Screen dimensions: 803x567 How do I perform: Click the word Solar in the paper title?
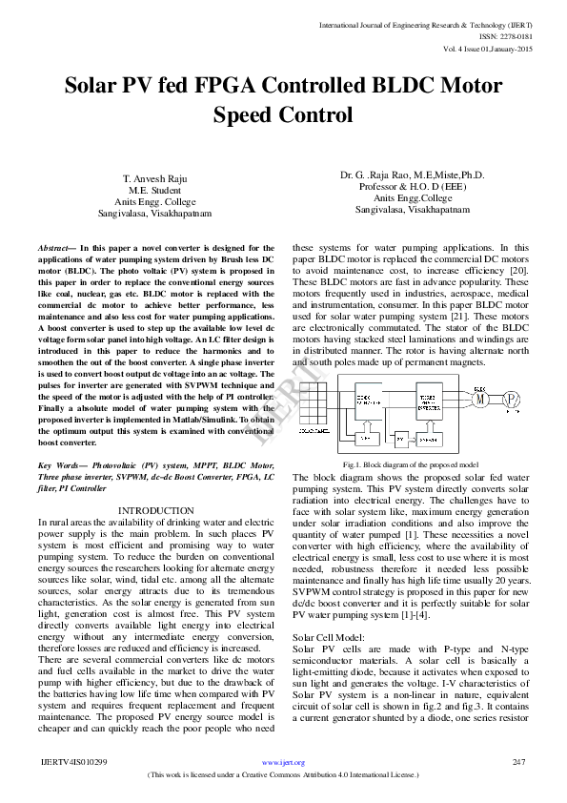click(x=99, y=87)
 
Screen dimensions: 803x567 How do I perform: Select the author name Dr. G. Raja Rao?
click(x=412, y=175)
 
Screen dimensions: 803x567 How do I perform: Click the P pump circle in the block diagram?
click(x=512, y=399)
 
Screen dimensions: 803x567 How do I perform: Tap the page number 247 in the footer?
click(x=519, y=762)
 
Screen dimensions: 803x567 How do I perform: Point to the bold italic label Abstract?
click(x=55, y=247)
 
